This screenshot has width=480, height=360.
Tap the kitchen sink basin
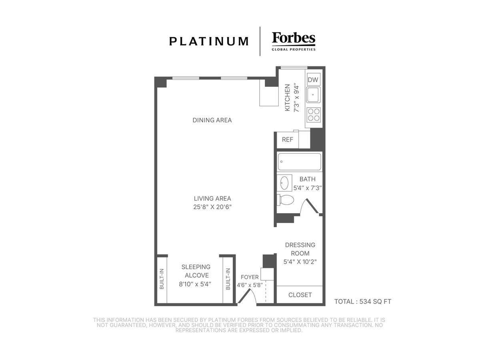313,95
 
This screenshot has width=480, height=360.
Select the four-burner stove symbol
314,115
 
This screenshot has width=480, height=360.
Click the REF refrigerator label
287,140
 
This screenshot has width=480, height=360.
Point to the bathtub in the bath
299,162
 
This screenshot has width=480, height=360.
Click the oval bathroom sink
284,183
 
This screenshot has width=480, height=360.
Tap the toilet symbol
285,200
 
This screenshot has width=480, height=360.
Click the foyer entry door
247,296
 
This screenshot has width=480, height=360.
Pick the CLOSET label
300,295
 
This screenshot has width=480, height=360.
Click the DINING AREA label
212,120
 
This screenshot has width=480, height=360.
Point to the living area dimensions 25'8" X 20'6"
212,207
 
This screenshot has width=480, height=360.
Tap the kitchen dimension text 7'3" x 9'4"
296,98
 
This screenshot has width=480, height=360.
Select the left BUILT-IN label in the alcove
162,279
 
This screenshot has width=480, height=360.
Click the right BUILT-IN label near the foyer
228,279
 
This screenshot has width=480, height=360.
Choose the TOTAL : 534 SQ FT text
362,302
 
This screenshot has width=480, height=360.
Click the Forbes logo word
294,38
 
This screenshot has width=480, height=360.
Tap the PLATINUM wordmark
209,41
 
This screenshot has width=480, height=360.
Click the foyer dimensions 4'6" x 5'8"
250,285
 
